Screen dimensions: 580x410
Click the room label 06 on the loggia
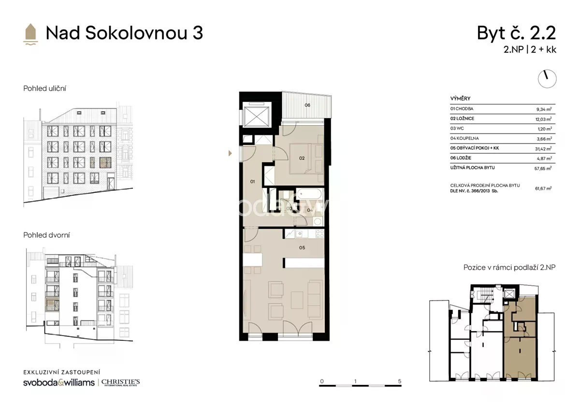tap(307, 105)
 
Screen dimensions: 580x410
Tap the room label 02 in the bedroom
tap(302, 158)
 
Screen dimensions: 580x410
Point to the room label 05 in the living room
tap(302, 248)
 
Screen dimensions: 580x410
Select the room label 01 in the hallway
tap(252, 182)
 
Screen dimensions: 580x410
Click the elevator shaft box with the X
tap(256, 117)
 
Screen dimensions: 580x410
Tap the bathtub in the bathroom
tap(309, 194)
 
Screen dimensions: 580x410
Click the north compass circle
tap(547, 79)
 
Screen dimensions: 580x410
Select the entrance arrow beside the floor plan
tap(230, 153)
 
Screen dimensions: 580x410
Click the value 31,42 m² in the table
tap(543, 148)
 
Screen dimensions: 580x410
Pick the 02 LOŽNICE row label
tap(462, 118)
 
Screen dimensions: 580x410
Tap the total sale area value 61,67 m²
tap(543, 188)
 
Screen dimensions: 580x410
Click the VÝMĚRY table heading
tap(460, 99)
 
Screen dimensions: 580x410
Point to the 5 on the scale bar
tap(400, 381)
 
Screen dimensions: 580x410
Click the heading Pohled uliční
tap(44, 88)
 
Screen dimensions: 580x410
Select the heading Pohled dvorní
tap(46, 235)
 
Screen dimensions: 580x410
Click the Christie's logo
tap(120, 382)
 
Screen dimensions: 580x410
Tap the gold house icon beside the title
tap(30, 34)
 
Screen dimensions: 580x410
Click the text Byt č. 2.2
tap(516, 33)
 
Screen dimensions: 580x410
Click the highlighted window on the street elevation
tap(105, 162)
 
